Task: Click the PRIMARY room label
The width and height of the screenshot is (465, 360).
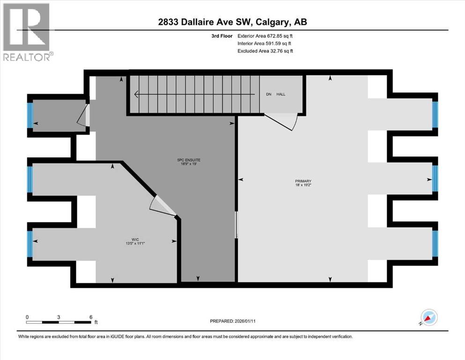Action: [x=303, y=181]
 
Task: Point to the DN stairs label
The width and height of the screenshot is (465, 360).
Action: [x=269, y=94]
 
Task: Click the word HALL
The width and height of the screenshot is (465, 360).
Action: [x=281, y=94]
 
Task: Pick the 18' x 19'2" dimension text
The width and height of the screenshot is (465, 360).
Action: [x=303, y=186]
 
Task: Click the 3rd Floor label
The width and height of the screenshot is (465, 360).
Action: [x=221, y=36]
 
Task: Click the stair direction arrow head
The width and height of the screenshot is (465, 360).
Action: [x=136, y=95]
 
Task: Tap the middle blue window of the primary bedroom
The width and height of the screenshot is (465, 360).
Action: [x=435, y=179]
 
